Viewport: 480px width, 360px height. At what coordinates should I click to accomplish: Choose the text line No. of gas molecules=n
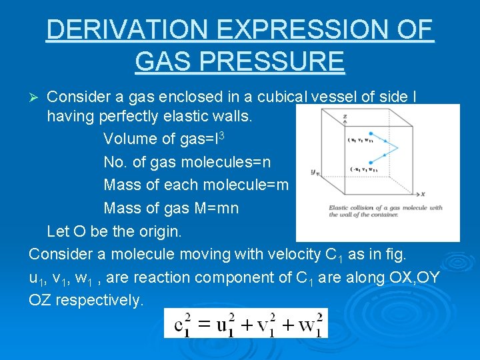187,162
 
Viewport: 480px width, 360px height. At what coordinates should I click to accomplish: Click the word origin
160,232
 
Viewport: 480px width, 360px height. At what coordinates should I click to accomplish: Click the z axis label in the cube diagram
345,117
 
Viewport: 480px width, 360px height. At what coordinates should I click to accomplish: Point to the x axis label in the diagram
423,194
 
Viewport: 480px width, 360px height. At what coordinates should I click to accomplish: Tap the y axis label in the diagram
313,172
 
